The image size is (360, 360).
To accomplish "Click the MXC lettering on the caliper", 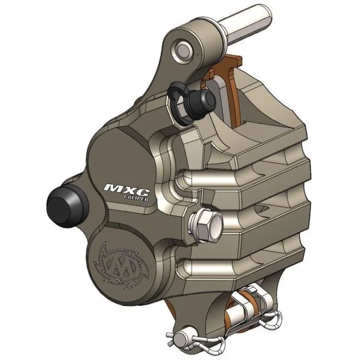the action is pyautogui.click(x=127, y=189).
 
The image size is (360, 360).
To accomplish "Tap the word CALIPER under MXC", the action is pyautogui.click(x=136, y=197).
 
